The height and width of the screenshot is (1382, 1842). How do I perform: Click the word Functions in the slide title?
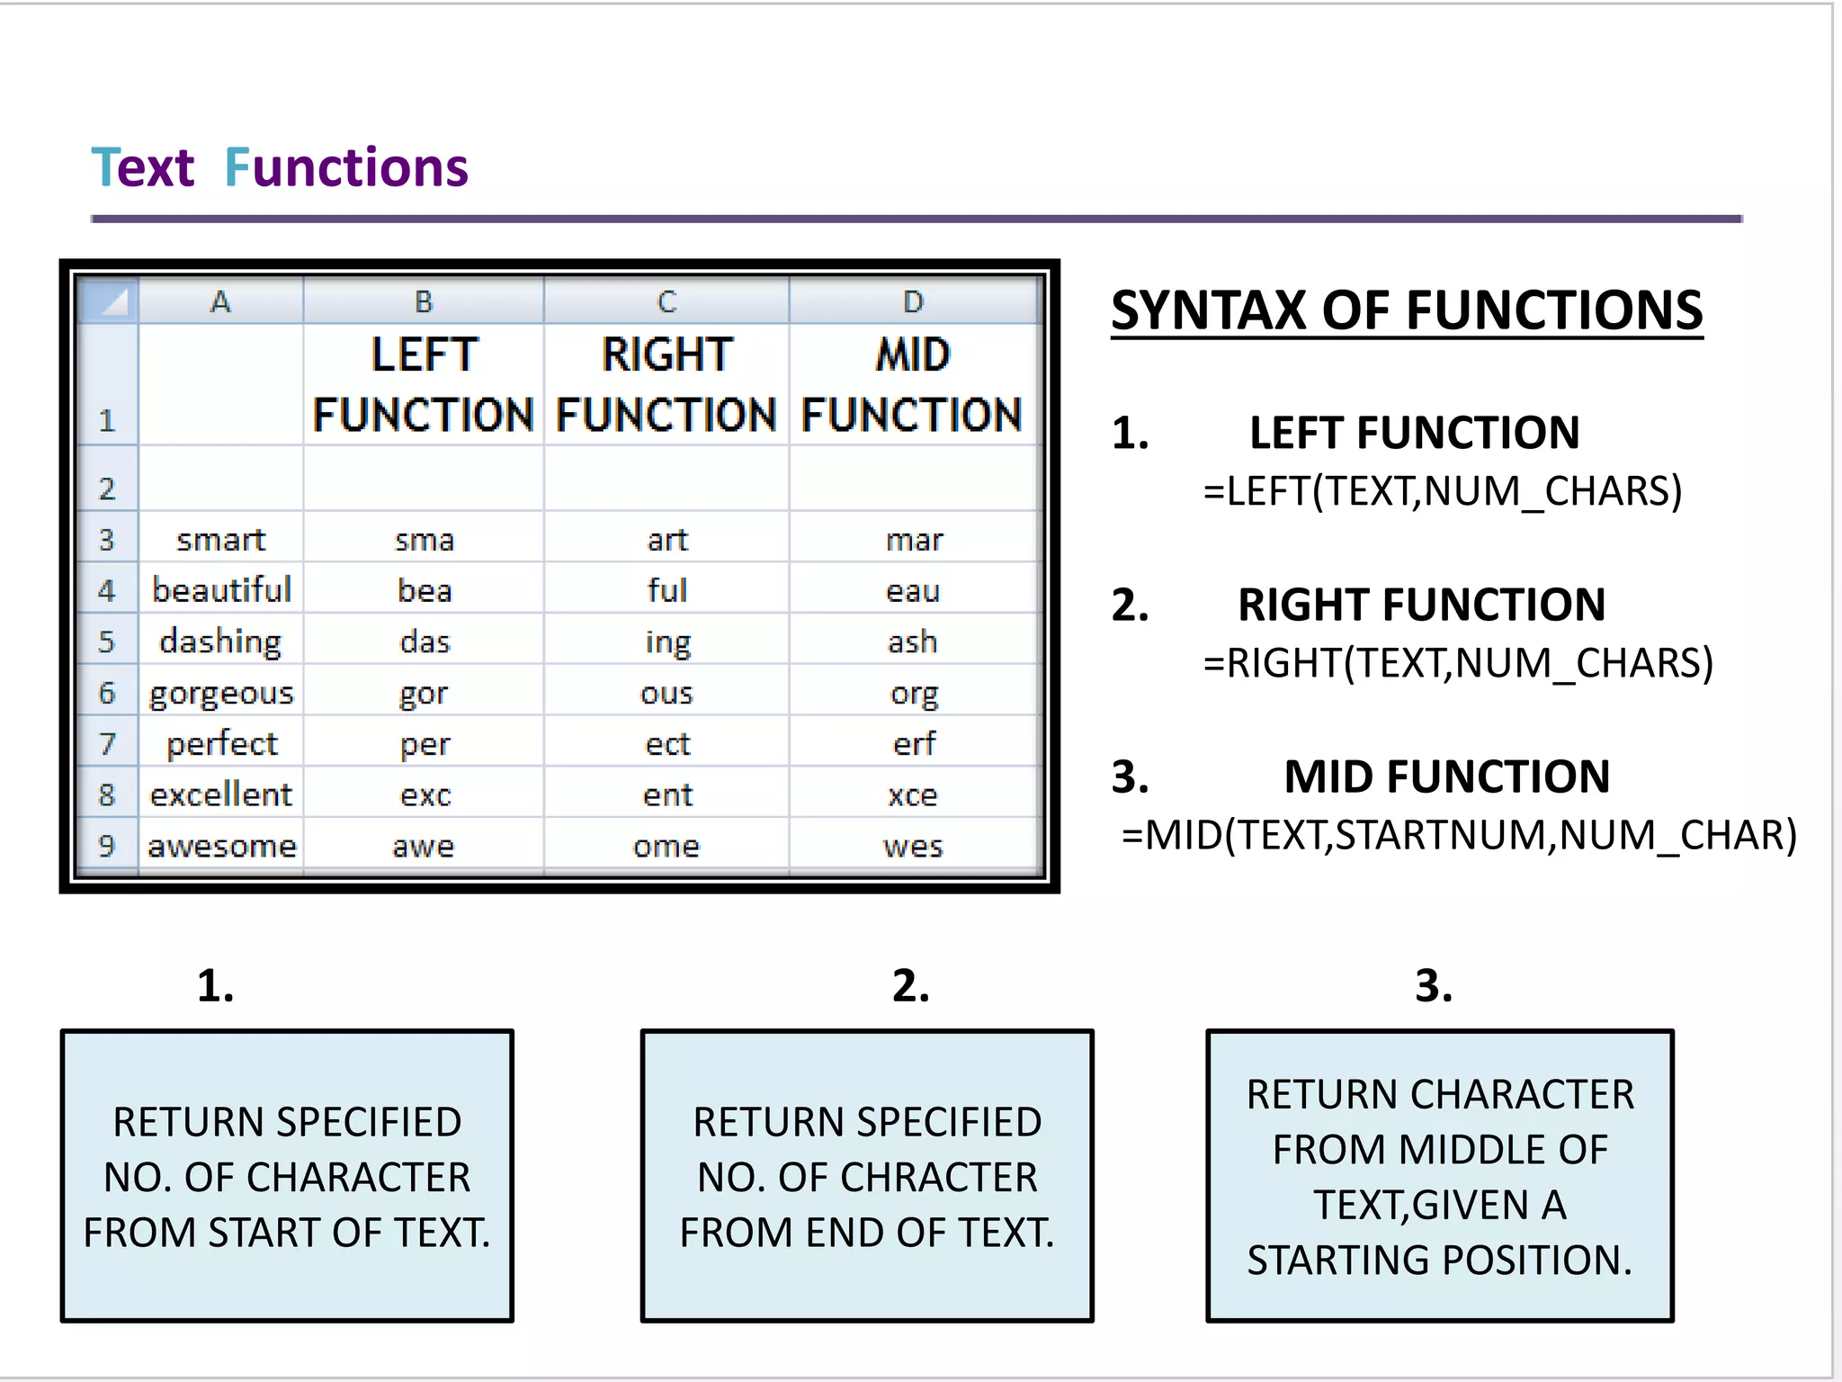point(346,168)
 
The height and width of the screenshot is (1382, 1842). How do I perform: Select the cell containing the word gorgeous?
point(221,693)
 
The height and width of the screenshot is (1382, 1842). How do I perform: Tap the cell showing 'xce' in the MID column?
point(913,795)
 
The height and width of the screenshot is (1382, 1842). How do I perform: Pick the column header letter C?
point(666,301)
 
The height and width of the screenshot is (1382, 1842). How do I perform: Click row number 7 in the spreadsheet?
point(107,744)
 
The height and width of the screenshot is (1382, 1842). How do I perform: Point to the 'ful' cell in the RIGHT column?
point(667,591)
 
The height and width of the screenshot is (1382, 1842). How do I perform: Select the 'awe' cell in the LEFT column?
point(424,847)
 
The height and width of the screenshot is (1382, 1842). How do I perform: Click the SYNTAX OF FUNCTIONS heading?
point(1407,310)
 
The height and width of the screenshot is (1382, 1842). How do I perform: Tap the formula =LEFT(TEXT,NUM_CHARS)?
point(1443,491)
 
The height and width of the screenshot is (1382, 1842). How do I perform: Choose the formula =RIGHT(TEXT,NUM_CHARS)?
point(1458,663)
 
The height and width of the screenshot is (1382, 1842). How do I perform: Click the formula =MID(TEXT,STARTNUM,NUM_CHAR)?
point(1459,835)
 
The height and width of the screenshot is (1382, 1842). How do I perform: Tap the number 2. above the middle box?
point(910,986)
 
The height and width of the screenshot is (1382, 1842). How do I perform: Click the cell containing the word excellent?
point(221,795)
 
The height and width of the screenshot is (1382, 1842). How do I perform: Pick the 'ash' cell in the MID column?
point(913,642)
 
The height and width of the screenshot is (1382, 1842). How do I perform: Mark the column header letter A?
point(220,301)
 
